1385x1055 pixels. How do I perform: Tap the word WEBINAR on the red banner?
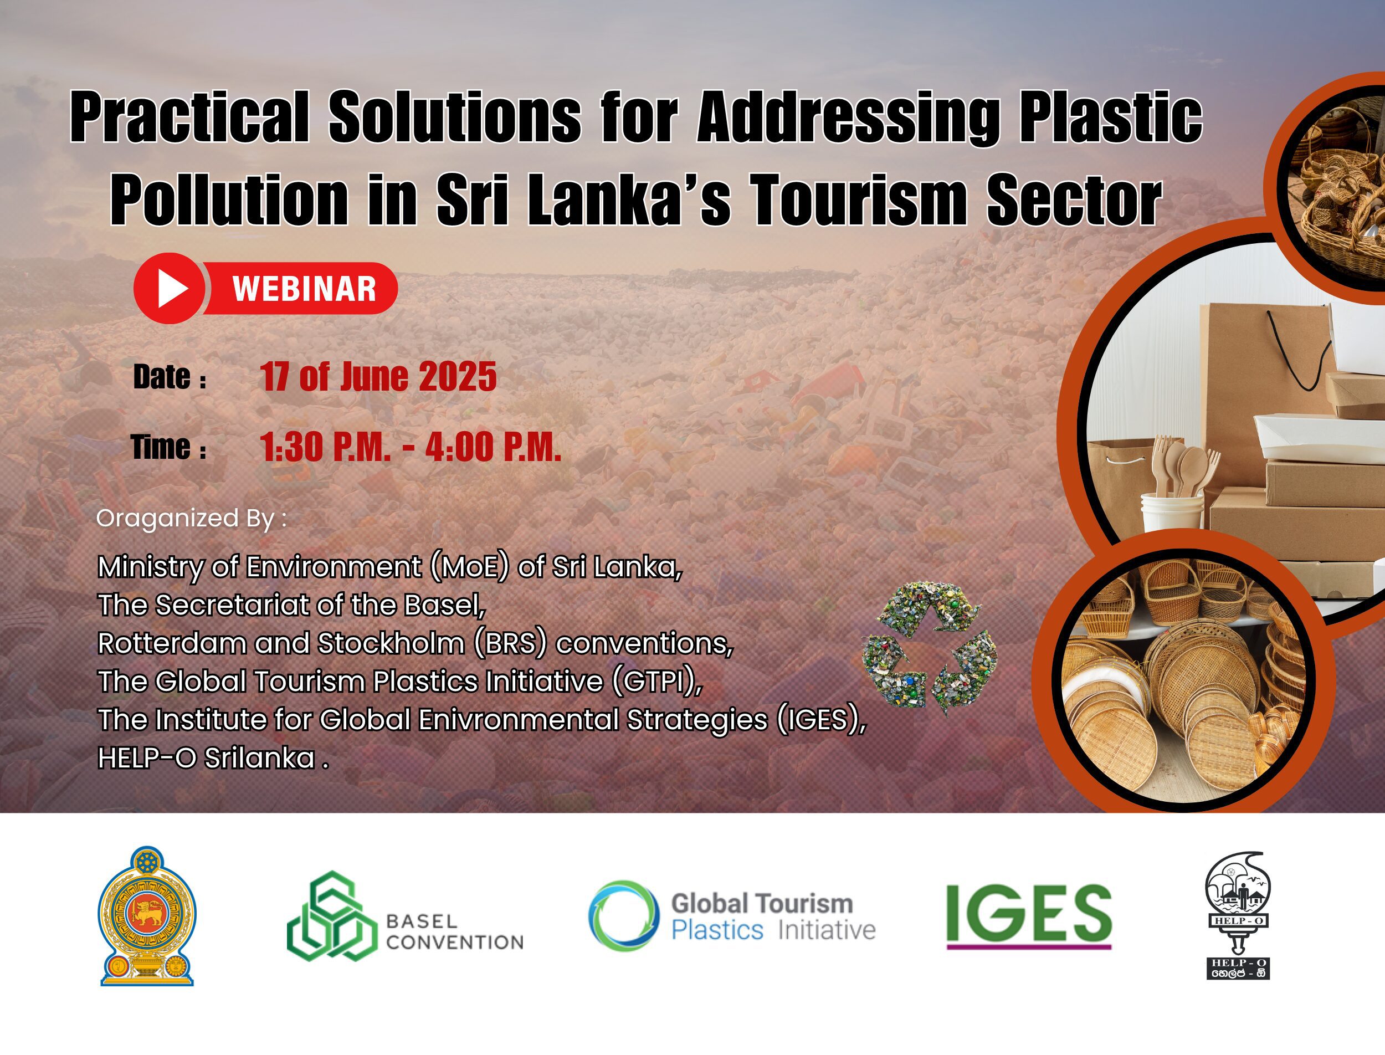tap(305, 289)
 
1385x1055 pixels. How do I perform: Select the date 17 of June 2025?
tap(378, 377)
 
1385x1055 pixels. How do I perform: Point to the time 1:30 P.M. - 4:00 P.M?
tap(411, 447)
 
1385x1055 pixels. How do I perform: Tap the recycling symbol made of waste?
tap(929, 647)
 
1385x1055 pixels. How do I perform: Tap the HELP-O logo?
tap(1238, 915)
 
